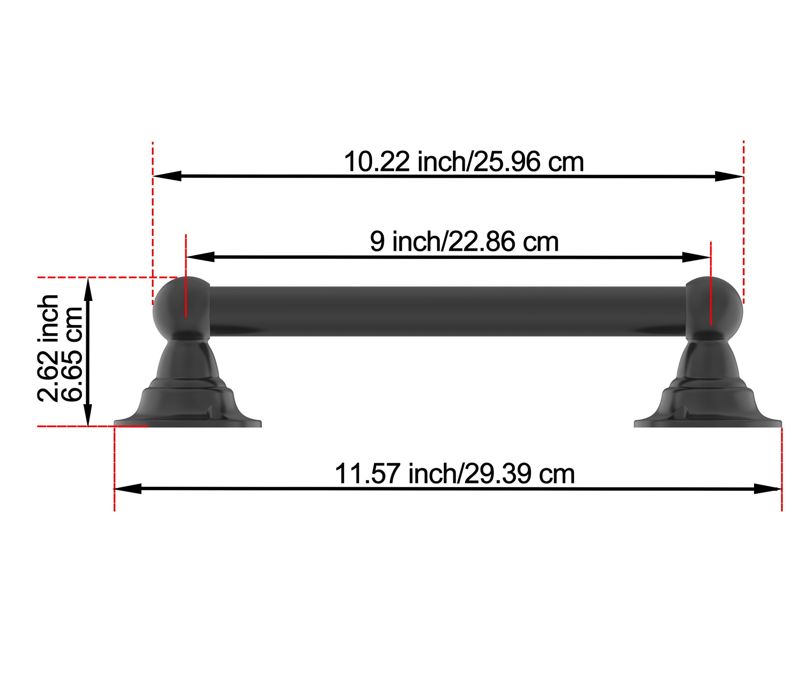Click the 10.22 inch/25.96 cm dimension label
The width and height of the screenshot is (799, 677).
click(x=464, y=162)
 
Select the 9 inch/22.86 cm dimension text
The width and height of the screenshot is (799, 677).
click(x=464, y=241)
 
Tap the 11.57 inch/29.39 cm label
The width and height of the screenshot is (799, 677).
click(x=454, y=474)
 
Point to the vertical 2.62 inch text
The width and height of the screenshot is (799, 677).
click(x=48, y=348)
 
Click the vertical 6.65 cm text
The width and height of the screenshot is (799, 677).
click(x=72, y=354)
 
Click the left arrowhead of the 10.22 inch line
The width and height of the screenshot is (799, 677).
click(x=166, y=176)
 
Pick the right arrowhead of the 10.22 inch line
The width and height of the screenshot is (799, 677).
click(x=729, y=177)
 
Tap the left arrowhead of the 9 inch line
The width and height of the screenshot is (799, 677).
click(x=200, y=257)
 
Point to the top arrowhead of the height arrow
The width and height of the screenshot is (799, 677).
click(x=88, y=289)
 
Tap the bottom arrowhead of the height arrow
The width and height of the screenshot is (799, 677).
click(x=88, y=415)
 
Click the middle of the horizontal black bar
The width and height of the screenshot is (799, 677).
click(x=447, y=311)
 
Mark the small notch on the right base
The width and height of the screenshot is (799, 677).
click(x=682, y=413)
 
